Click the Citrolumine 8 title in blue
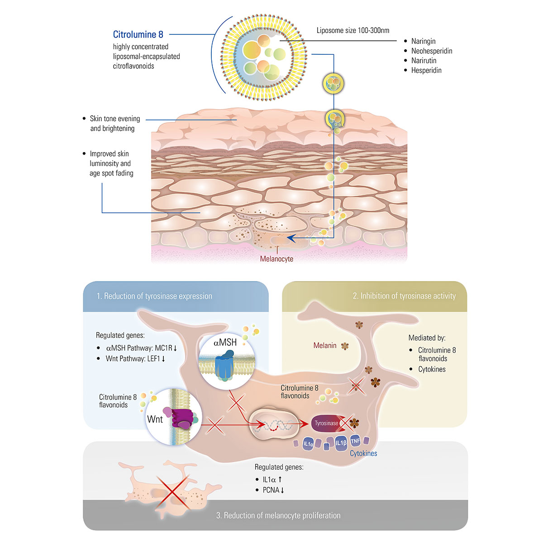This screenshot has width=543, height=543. [138, 34]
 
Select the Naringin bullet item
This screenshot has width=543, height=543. [423, 41]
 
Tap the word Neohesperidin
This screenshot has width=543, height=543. [431, 51]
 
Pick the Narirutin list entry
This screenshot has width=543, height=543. [424, 61]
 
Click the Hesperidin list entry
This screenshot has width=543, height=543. [426, 70]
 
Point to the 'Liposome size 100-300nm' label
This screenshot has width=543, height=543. [352, 30]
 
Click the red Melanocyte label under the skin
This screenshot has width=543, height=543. [276, 259]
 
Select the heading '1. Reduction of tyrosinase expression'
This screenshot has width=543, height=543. [154, 296]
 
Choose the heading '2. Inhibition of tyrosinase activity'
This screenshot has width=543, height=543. [404, 296]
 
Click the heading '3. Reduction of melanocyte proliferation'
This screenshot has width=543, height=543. [278, 515]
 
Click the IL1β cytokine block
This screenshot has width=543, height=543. [341, 443]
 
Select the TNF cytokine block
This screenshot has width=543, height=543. [355, 441]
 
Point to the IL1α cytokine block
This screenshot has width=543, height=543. [308, 444]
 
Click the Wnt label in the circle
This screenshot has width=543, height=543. [155, 419]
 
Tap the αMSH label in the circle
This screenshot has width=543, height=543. [225, 343]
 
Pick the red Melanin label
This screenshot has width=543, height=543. [325, 346]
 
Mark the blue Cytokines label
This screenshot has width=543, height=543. [363, 453]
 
